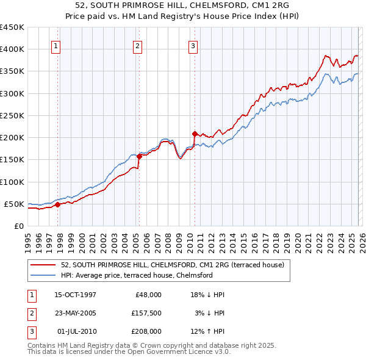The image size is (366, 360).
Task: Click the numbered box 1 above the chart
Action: tap(56, 45)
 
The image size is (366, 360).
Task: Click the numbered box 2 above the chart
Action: tap(137, 45)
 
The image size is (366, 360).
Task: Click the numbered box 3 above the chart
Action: tap(193, 45)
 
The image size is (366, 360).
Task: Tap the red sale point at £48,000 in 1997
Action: tap(58, 205)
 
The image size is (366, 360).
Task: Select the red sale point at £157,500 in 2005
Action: tap(139, 156)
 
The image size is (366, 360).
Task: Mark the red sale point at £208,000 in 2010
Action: tap(195, 134)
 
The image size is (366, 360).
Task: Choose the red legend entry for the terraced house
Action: tap(172, 265)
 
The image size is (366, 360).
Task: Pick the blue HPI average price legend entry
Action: tap(136, 275)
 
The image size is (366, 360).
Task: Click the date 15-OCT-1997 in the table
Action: tap(75, 295)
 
